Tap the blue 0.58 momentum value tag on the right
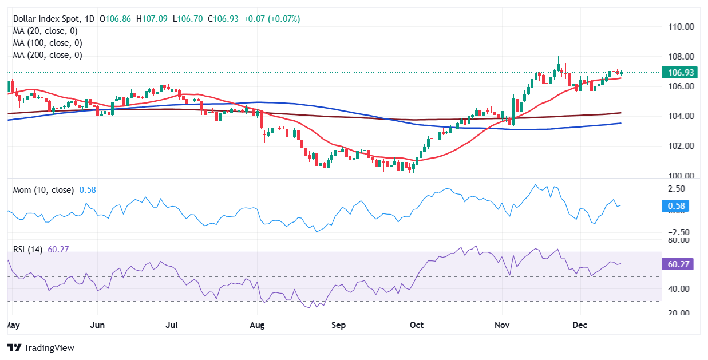click(676, 206)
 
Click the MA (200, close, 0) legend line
click(48, 56)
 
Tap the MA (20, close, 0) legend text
click(45, 31)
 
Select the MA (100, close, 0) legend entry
click(48, 43)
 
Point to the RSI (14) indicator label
click(28, 250)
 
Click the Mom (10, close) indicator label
click(43, 190)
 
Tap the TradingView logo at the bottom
click(41, 347)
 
